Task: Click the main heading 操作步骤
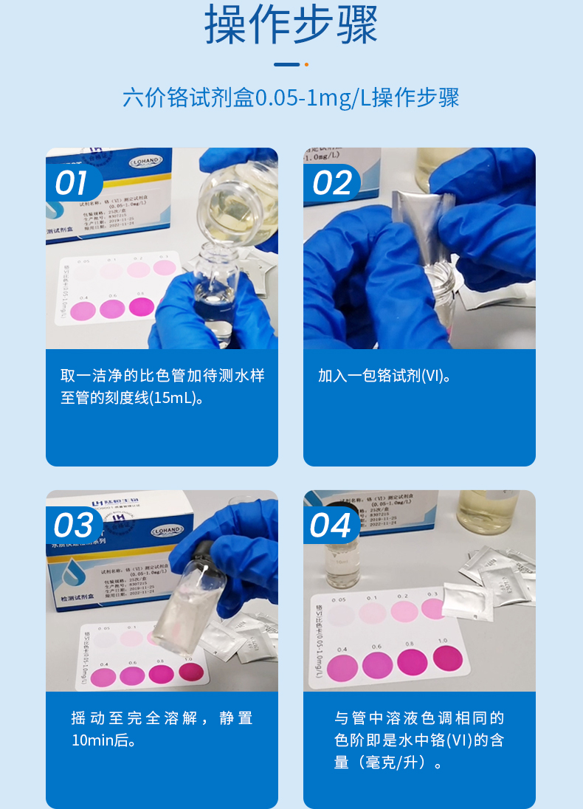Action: (291, 25)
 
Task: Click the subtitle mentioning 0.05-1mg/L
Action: (291, 97)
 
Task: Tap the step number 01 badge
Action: (72, 183)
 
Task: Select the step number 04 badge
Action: (330, 526)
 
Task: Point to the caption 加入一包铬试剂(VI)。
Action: (384, 376)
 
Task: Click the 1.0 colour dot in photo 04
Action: (447, 657)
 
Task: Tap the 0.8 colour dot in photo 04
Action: (412, 661)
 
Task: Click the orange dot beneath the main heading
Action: (306, 65)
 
